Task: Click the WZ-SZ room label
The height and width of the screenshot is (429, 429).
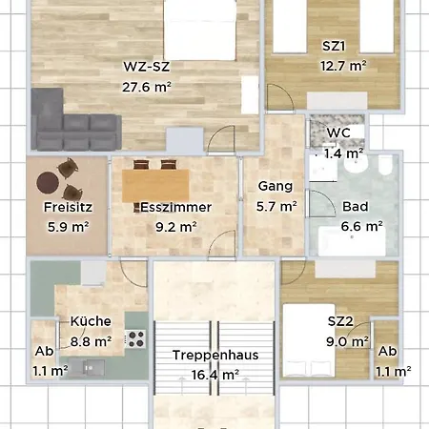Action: [147, 67]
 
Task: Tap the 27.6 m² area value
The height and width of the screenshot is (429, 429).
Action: [147, 87]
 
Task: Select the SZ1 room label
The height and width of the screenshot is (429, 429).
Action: [334, 47]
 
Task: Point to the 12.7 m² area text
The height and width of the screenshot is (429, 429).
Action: [343, 66]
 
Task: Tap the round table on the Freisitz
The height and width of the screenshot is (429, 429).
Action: [48, 182]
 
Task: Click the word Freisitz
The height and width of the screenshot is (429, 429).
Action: [68, 207]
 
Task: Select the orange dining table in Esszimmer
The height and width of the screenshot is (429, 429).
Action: [155, 186]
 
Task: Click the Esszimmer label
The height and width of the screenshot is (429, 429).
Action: [175, 207]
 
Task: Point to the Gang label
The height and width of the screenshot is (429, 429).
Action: [276, 187]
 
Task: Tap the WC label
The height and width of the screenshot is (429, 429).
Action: [338, 133]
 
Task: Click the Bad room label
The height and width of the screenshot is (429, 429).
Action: [356, 207]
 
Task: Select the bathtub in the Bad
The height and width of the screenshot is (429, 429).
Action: [352, 241]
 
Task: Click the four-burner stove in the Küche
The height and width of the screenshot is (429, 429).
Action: [135, 339]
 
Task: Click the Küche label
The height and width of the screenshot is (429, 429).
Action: [91, 321]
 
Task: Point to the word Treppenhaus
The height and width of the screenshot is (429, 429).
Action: [215, 356]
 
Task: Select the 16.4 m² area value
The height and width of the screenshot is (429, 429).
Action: [215, 376]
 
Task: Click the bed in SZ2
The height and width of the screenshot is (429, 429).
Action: [309, 340]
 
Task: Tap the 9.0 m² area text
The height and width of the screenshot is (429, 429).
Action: [347, 342]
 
